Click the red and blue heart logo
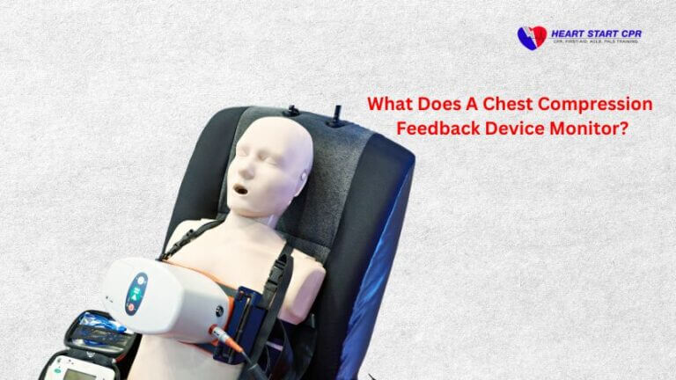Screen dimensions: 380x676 [x=532, y=37]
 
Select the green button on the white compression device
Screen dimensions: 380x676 [x=136, y=284]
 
